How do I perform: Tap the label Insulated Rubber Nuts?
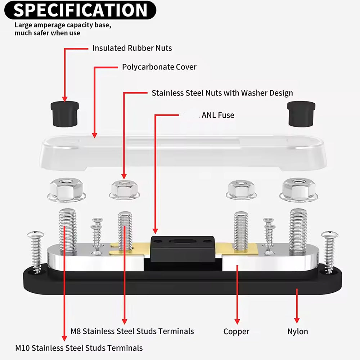tap(132, 48)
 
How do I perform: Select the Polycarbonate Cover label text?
tap(159, 67)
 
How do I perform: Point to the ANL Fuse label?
tap(218, 115)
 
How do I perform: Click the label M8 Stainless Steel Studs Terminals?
tap(132, 331)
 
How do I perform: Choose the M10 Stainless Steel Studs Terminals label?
tap(79, 348)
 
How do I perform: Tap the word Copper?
tap(236, 332)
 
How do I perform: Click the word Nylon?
tap(297, 332)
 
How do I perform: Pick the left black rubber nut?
tap(65, 113)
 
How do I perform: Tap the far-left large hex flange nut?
tap(67, 190)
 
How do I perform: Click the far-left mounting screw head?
tap(35, 236)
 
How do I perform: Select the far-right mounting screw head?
tap(330, 235)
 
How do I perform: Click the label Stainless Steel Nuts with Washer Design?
tap(222, 93)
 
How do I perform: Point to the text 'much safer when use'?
tap(48, 33)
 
